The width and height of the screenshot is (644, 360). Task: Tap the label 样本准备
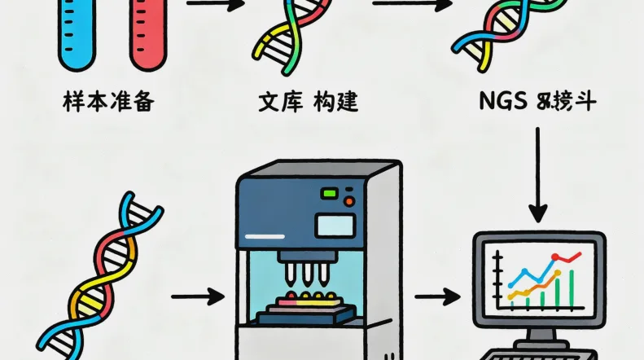[x=107, y=103]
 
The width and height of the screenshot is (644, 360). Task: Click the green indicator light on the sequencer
[x=330, y=194]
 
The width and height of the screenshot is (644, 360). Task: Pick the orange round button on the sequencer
[x=348, y=201]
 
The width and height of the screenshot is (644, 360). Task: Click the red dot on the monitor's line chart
[x=556, y=258]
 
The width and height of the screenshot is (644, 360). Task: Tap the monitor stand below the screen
[x=537, y=333]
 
